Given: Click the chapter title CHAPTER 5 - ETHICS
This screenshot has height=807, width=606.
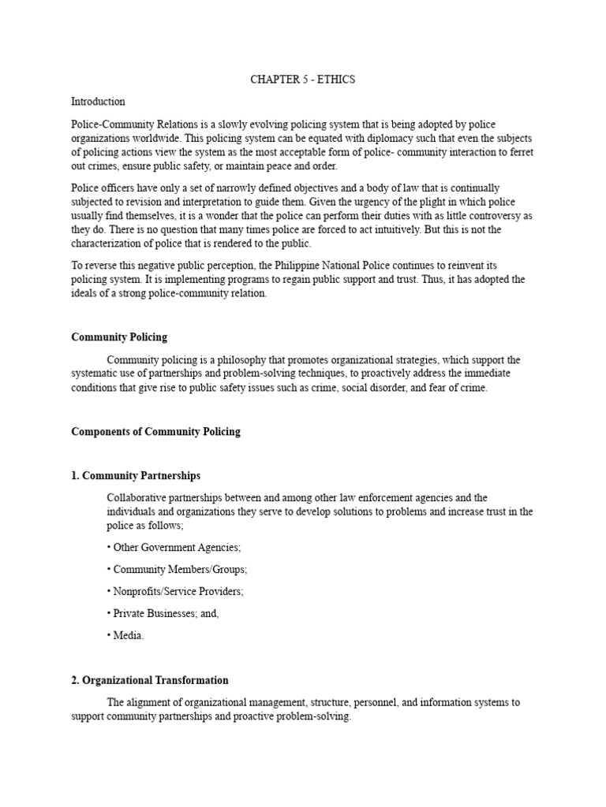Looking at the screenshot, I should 303,80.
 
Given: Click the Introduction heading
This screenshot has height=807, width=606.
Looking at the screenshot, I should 98,102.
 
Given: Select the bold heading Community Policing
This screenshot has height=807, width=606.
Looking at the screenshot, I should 119,337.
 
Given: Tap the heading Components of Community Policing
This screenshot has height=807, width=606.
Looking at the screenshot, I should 155,432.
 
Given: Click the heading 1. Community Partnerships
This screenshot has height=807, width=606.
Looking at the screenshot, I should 136,476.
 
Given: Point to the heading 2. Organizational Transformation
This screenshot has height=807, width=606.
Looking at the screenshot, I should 150,680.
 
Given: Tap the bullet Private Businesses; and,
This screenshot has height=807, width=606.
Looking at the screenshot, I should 162,613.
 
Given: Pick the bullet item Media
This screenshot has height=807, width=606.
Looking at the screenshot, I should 125,636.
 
